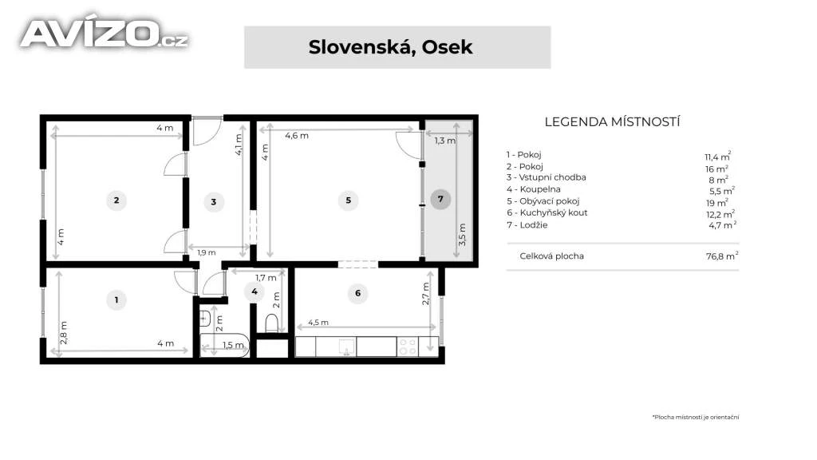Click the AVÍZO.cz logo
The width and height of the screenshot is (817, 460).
click(105, 33)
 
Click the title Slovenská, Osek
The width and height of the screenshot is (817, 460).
click(390, 47)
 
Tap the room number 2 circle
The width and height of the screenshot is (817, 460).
click(116, 200)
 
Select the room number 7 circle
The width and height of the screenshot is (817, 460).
click(440, 199)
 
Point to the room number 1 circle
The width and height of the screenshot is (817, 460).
click(116, 300)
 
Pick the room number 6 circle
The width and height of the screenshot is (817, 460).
click(357, 294)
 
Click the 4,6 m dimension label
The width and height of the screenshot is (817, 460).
click(297, 136)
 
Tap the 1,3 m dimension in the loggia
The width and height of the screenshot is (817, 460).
click(445, 141)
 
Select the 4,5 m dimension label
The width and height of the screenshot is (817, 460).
click(318, 323)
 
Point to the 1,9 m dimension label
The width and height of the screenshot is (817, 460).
click(207, 253)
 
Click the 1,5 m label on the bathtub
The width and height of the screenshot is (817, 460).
click(233, 345)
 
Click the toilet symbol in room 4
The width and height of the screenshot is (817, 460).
click(272, 323)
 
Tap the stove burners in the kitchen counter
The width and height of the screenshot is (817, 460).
click(408, 347)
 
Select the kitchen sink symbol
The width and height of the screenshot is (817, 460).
click(346, 347)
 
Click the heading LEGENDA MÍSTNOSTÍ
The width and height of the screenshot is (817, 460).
click(612, 122)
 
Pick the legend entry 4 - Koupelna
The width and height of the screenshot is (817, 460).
click(534, 189)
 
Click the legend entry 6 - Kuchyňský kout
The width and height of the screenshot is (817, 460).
click(547, 212)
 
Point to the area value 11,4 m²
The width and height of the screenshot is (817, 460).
click(718, 157)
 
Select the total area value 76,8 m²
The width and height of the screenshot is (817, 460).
click(722, 256)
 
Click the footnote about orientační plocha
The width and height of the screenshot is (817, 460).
click(696, 417)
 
